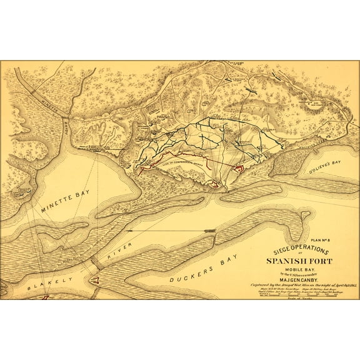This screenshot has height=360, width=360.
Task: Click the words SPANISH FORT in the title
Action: click(x=290, y=261)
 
